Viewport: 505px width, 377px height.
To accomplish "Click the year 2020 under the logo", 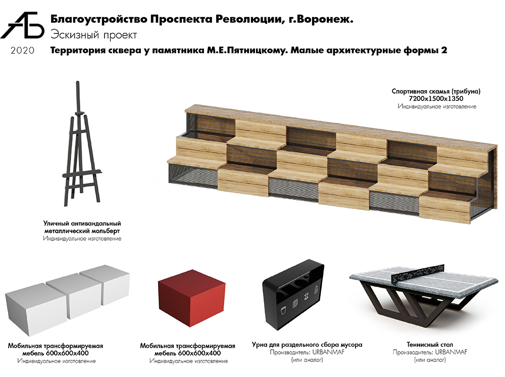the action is (x=22, y=50).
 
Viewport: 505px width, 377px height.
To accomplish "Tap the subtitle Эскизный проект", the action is (x=94, y=35).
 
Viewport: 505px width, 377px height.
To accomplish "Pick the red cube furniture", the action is (x=191, y=298).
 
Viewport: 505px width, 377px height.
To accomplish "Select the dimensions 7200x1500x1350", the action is (x=436, y=98).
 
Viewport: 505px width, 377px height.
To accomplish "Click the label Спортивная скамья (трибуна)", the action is (x=436, y=91).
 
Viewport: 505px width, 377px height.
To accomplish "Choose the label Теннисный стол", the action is (x=430, y=345).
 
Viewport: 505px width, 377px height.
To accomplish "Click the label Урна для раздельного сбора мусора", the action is (x=307, y=345).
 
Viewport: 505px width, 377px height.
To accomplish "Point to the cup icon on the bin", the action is (x=283, y=311).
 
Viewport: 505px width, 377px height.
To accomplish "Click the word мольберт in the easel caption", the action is (x=106, y=231).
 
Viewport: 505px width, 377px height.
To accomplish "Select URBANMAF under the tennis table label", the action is (x=450, y=352).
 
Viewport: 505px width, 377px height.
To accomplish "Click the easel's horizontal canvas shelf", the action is (x=82, y=174).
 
